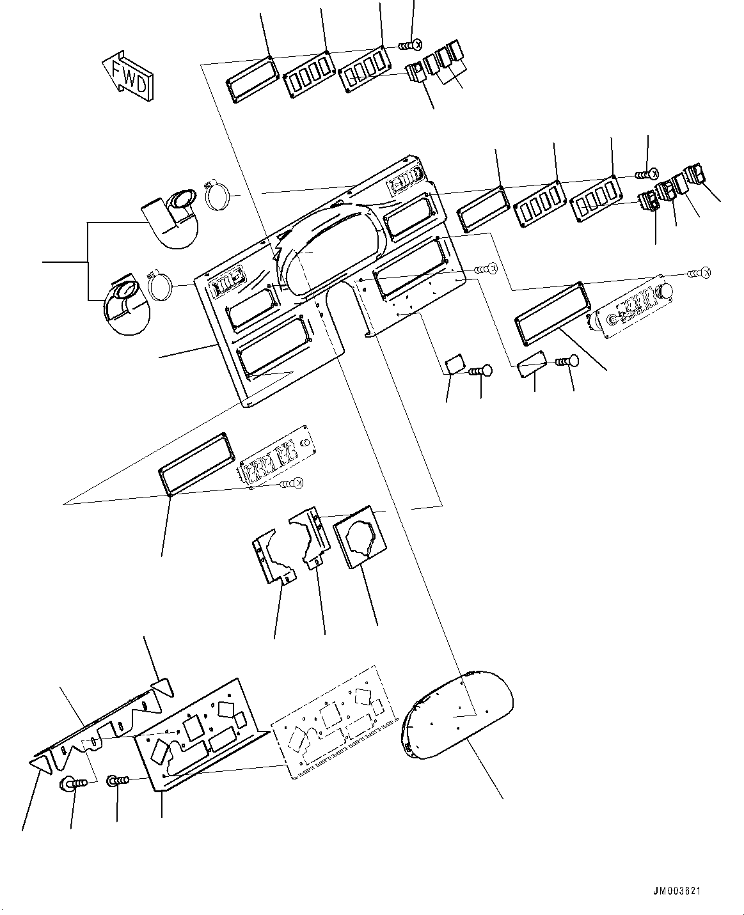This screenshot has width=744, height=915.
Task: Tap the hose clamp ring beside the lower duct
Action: coord(164,284)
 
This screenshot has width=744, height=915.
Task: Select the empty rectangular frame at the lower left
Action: coord(194,463)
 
